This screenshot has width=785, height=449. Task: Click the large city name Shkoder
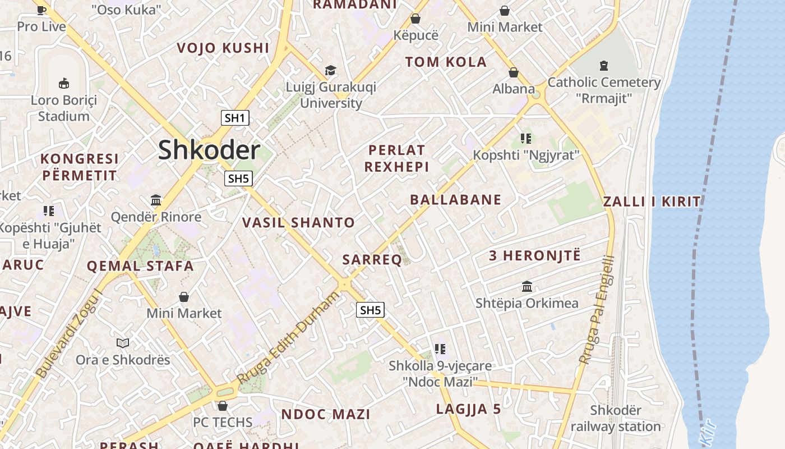[x=209, y=150]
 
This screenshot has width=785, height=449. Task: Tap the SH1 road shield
[x=235, y=118]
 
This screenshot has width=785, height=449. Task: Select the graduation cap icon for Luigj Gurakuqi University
[x=331, y=71]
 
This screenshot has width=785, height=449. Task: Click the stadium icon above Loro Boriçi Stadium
[x=64, y=84]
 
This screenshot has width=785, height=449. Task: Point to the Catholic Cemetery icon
[x=603, y=66]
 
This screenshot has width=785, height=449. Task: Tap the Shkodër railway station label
[x=616, y=419]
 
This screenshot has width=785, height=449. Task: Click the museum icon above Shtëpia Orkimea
[x=527, y=287]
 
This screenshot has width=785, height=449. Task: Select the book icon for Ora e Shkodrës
[x=123, y=343]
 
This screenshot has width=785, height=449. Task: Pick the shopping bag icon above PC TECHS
[x=223, y=405]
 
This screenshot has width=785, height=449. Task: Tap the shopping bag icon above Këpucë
[x=415, y=19]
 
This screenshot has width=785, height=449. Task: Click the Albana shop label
[x=514, y=89]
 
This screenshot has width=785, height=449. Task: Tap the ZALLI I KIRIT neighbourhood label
[x=652, y=202]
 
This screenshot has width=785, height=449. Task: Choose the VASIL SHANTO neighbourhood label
[x=298, y=223]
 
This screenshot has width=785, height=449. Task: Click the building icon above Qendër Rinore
[x=156, y=200]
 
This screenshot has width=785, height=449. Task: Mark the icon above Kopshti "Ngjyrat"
[x=525, y=138]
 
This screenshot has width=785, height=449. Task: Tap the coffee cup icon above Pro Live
[x=41, y=10]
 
